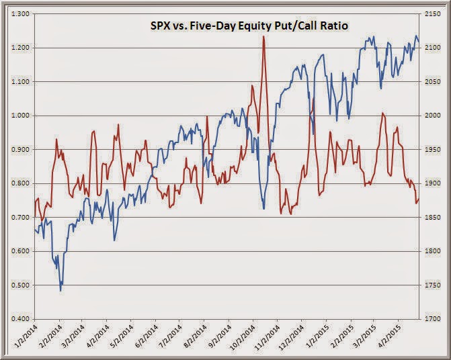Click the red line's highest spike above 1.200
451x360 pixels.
click(x=263, y=37)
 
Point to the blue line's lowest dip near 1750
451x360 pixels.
click(x=60, y=290)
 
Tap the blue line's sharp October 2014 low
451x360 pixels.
click(x=263, y=208)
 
